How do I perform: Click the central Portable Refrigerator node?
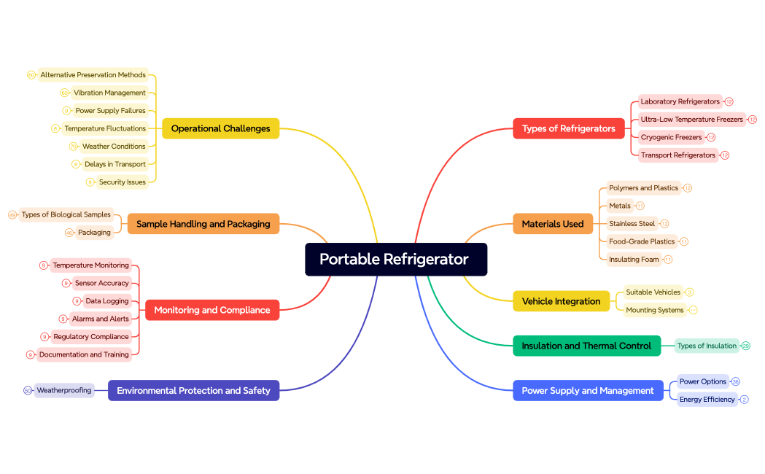(x=395, y=260)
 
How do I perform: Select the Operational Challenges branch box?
(x=220, y=128)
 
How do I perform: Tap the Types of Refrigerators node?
(x=568, y=128)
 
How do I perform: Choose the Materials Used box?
(x=552, y=224)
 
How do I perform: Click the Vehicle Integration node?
(x=561, y=301)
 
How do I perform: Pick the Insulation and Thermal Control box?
(x=586, y=346)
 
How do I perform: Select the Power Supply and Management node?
(x=587, y=391)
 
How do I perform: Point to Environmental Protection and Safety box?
(x=193, y=391)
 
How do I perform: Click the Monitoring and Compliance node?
(x=211, y=310)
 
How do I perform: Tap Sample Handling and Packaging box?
(x=203, y=224)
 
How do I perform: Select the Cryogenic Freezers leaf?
(x=671, y=137)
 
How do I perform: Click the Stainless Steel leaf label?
(x=632, y=224)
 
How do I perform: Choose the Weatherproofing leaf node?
(x=64, y=390)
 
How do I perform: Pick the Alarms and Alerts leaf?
(x=101, y=319)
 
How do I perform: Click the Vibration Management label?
(x=109, y=93)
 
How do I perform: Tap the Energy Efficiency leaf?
(x=707, y=399)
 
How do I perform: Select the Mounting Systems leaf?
(x=654, y=310)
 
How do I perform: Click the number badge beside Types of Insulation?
(x=745, y=346)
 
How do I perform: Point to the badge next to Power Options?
(x=735, y=381)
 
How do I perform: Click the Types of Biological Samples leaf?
(x=66, y=214)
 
